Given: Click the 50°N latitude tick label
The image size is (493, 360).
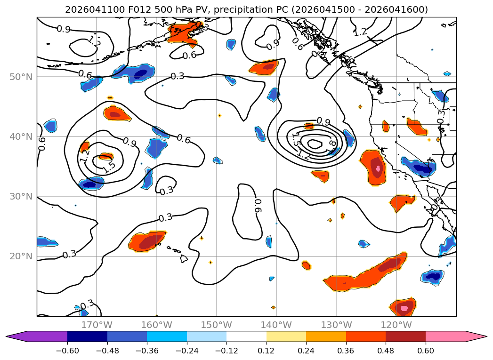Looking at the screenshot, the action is pos(21,77).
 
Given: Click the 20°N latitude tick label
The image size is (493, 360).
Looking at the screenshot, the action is pos(21,256).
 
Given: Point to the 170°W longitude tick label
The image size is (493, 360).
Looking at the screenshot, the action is pos(97,325).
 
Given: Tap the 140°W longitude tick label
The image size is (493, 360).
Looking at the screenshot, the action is pos(276,325).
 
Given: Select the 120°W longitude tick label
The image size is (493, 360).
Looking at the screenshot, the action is pos(396,325).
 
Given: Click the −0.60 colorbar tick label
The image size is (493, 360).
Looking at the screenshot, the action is pos(67,351).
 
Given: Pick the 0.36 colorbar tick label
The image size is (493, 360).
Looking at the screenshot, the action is pos(346,351).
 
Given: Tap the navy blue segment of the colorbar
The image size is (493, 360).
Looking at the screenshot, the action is pos(88,336).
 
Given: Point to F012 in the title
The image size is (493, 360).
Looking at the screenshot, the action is pos(140,10).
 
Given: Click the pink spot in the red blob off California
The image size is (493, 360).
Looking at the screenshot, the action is pos(378,168).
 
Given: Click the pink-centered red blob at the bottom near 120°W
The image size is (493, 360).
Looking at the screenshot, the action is pos(403,307).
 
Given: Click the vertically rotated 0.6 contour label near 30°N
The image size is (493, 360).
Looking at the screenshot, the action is pos(258,206).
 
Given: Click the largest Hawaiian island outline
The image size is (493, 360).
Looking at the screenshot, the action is pos(184,259).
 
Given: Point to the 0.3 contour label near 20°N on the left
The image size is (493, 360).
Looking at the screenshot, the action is pos(70,254).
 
